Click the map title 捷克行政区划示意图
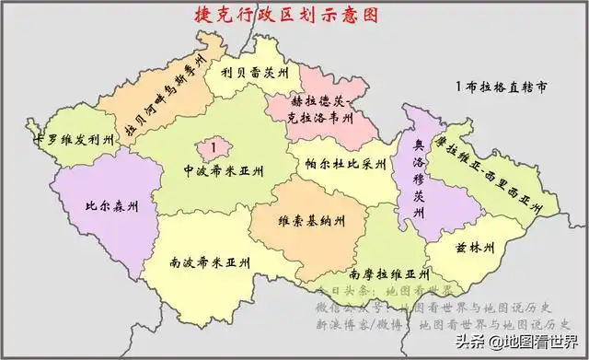276,16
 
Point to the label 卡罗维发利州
74,141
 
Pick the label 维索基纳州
313,221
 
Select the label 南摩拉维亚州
388,274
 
